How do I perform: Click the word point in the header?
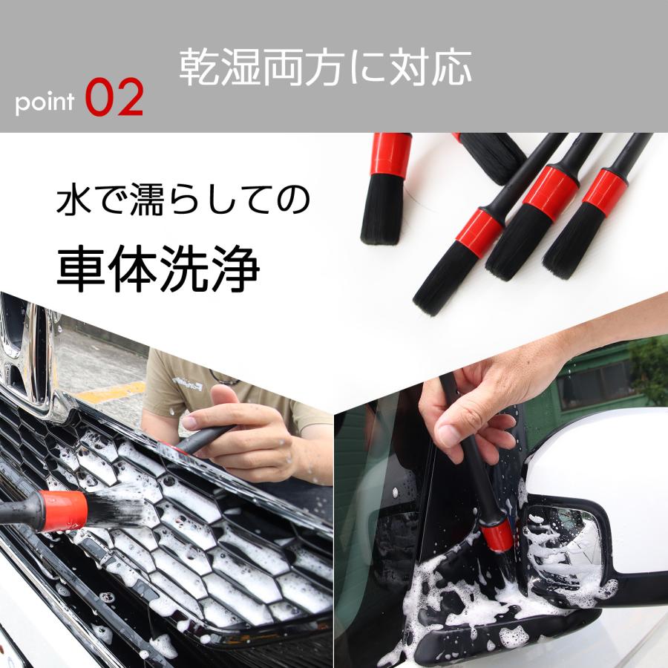(x=45, y=102)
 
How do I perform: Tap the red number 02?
(x=114, y=99)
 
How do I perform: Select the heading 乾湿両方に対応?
(x=325, y=68)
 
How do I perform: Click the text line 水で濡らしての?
(x=183, y=202)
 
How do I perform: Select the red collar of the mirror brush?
(x=496, y=534)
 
